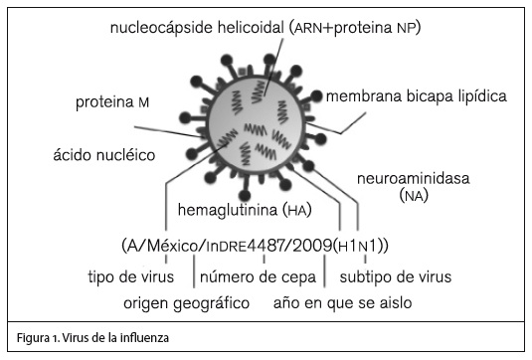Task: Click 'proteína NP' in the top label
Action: pyautogui.click(x=376, y=27)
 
